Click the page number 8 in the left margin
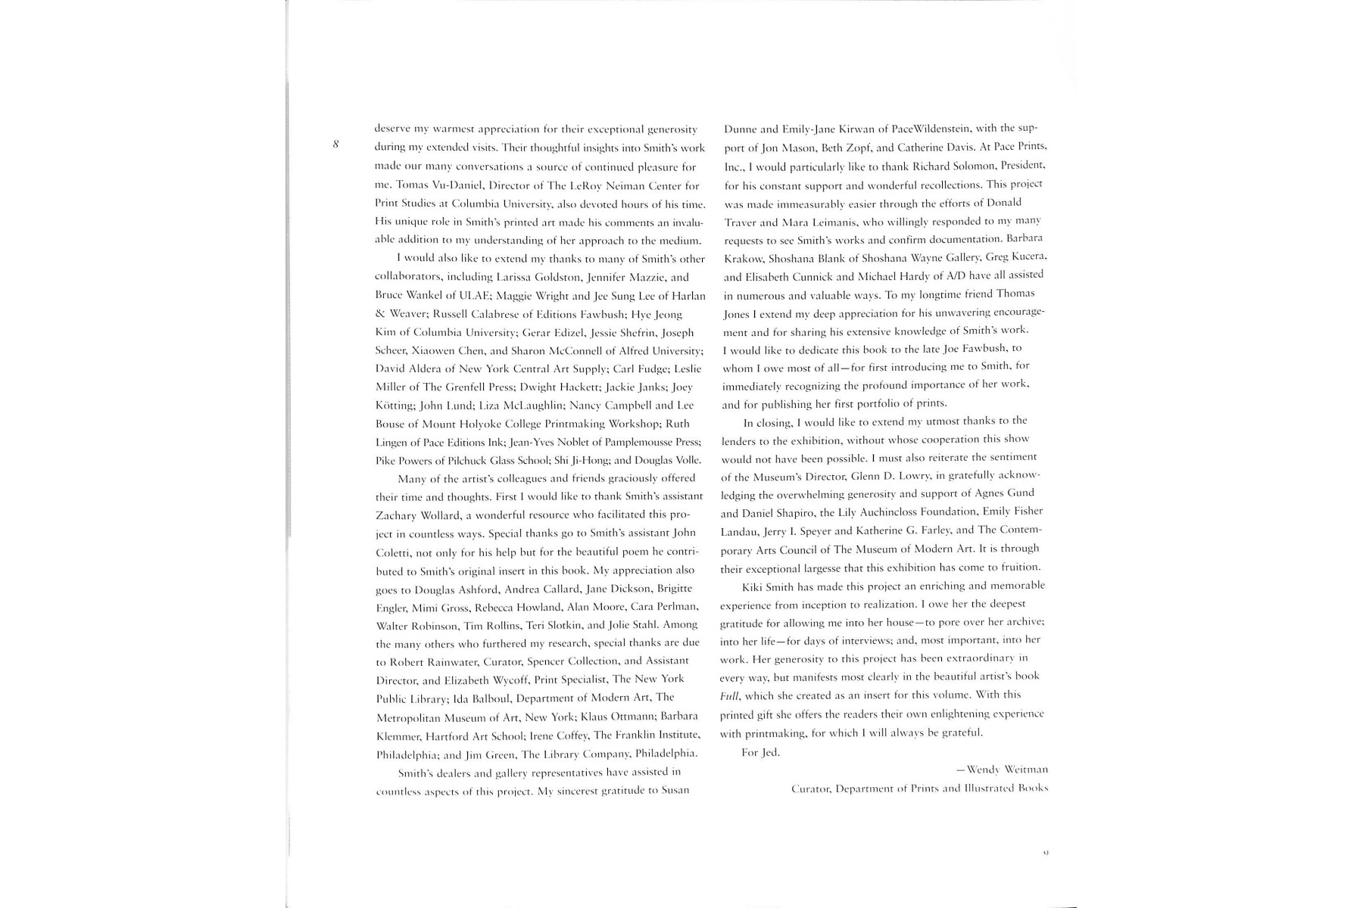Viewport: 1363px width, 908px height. [x=335, y=144]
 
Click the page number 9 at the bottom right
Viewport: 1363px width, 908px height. [x=1046, y=853]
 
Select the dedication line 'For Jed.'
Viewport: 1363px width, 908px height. [x=760, y=752]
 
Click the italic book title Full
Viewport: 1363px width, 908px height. [x=729, y=695]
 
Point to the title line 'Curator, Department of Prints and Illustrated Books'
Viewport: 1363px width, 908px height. [x=919, y=788]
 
